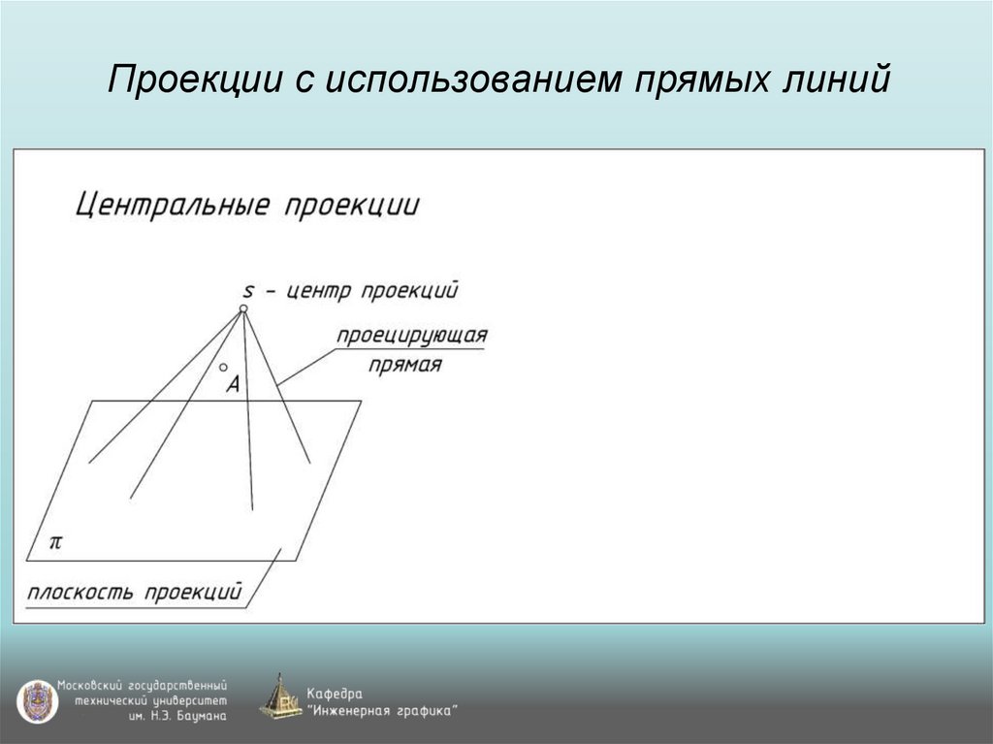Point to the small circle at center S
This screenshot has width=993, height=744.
click(x=243, y=308)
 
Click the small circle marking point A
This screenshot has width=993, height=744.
click(x=223, y=369)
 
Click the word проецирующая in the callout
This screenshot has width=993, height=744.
click(x=411, y=336)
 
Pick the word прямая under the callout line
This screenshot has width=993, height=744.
click(x=406, y=366)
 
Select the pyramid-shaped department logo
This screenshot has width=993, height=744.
click(x=280, y=696)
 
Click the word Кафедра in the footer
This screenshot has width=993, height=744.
click(x=335, y=695)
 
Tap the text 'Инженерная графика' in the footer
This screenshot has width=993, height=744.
click(x=383, y=711)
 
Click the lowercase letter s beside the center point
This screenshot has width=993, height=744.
click(x=248, y=290)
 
